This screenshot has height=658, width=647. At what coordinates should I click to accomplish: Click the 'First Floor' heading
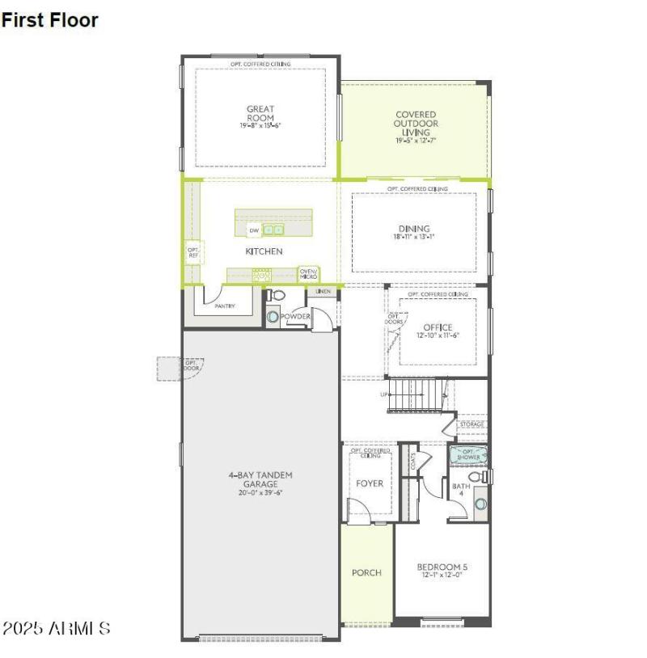coord(49,21)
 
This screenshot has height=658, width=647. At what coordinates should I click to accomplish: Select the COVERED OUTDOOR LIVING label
coord(416,124)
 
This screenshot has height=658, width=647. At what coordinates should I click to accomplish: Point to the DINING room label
coord(414,229)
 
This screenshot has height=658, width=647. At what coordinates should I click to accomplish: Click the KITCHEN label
coord(264,251)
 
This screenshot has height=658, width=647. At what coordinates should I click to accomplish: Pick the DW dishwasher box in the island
coord(254,230)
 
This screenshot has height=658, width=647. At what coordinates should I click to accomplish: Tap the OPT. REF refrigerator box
coord(193,253)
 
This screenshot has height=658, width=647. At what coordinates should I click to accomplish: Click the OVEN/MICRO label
coord(308,274)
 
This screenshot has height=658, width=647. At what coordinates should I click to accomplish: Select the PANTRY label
coord(224,306)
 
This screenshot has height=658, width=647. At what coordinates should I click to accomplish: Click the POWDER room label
coord(295,316)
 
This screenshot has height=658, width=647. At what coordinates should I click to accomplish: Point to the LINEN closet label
coord(323,291)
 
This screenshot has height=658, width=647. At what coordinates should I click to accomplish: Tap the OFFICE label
coord(438,327)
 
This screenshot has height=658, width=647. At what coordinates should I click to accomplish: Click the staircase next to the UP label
coord(417,396)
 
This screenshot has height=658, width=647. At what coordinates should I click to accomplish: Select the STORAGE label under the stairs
coord(472,424)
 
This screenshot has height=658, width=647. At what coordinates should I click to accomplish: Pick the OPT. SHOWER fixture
coord(470,455)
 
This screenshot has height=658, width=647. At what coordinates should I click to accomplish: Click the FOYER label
coord(370,483)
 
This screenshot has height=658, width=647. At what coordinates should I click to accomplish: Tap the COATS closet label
coord(412,460)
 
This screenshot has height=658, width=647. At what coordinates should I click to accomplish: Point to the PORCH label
coord(366,572)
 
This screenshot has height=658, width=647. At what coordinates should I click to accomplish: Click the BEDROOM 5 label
coord(442,567)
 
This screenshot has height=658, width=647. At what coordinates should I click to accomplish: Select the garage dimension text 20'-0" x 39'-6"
coord(260,492)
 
